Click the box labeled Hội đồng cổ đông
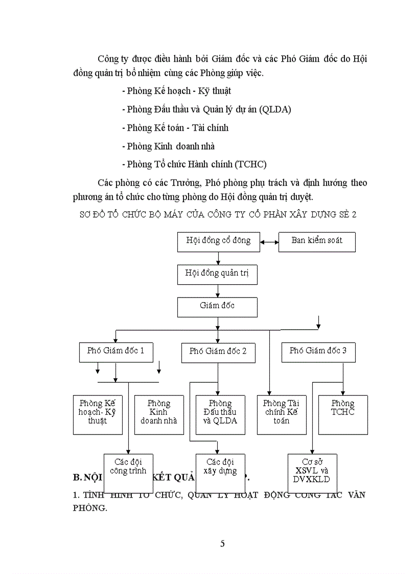tap(218, 241)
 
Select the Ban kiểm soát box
tap(317, 241)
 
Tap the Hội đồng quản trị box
tap(217, 274)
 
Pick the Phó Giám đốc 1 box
tap(115, 352)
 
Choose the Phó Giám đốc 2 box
tap(218, 352)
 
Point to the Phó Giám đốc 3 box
tap(318, 351)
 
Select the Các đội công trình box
tap(128, 472)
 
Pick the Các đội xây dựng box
tap(220, 472)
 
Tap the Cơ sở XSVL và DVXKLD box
tap(312, 472)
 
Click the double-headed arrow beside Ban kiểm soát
tap(269, 241)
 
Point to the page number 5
tap(222, 544)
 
